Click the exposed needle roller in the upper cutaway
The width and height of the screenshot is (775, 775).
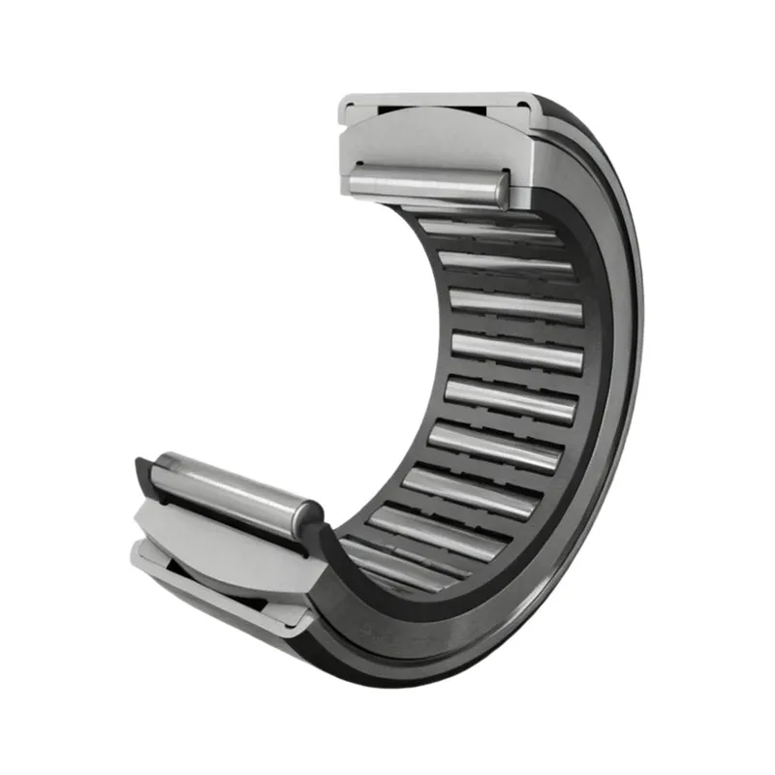426,184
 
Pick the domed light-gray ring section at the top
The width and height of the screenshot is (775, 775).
436,136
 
